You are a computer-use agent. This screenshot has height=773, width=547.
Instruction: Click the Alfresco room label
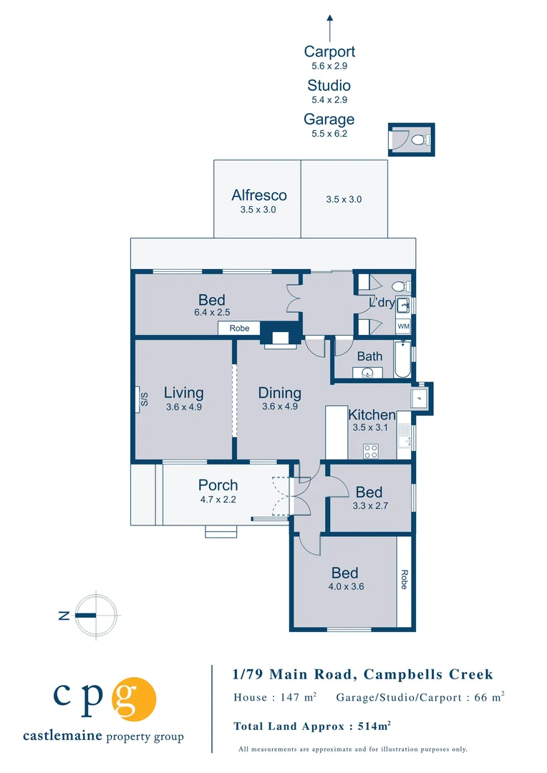[x=258, y=195]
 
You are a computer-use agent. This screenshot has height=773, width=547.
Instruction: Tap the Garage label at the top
[x=329, y=120]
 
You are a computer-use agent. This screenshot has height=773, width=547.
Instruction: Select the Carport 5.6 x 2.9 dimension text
[x=329, y=66]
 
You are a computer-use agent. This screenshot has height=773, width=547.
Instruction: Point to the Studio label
[x=329, y=86]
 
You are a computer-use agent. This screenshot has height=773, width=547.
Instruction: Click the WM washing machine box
[x=403, y=326]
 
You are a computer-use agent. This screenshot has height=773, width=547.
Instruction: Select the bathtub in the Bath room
[x=402, y=363]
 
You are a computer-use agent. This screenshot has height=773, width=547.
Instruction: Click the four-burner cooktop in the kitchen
[x=371, y=451]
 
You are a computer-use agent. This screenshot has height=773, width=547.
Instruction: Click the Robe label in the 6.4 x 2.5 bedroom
[x=239, y=329]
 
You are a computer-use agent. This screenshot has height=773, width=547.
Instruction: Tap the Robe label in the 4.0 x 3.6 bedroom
[x=404, y=578]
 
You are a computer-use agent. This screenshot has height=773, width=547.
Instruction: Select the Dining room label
[x=279, y=393]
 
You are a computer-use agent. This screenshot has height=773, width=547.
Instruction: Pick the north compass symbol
[x=96, y=615]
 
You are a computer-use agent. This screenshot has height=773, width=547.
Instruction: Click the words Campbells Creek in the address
[x=428, y=674]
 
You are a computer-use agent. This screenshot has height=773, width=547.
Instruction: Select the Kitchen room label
[x=372, y=415]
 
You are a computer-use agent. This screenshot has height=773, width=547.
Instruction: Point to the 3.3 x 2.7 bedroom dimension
[x=369, y=505]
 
